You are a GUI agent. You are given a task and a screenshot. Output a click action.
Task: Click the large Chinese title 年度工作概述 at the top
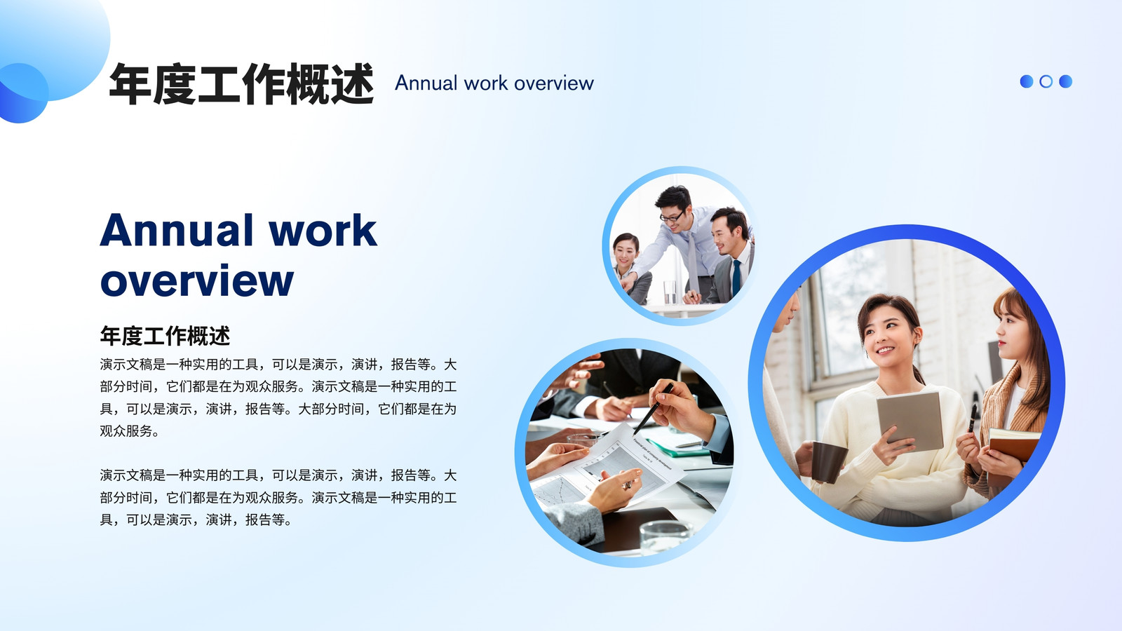click(x=241, y=83)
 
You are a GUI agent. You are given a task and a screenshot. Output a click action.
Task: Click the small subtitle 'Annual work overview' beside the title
click(x=494, y=83)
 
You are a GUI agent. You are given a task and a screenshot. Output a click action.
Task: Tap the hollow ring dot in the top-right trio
click(x=1046, y=81)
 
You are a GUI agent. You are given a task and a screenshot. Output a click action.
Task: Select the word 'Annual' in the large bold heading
click(x=176, y=231)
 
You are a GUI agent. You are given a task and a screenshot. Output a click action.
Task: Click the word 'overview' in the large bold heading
click(x=197, y=280)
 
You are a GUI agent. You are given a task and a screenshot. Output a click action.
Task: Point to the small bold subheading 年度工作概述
click(x=165, y=336)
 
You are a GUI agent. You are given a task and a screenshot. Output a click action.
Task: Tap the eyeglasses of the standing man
click(x=671, y=217)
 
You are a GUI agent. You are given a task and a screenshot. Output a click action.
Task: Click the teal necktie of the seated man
click(x=736, y=278)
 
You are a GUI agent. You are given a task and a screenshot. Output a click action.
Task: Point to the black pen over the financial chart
click(x=653, y=409)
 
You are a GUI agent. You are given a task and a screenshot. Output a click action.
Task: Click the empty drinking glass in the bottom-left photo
click(x=666, y=537)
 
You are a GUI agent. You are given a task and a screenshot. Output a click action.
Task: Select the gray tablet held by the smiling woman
click(x=910, y=420)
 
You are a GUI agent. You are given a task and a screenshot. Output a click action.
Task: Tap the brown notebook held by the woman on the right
click(x=1013, y=445)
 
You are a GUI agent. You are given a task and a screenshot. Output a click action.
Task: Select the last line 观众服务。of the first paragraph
click(x=129, y=431)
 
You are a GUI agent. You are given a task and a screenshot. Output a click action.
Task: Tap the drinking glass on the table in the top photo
click(x=670, y=292)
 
